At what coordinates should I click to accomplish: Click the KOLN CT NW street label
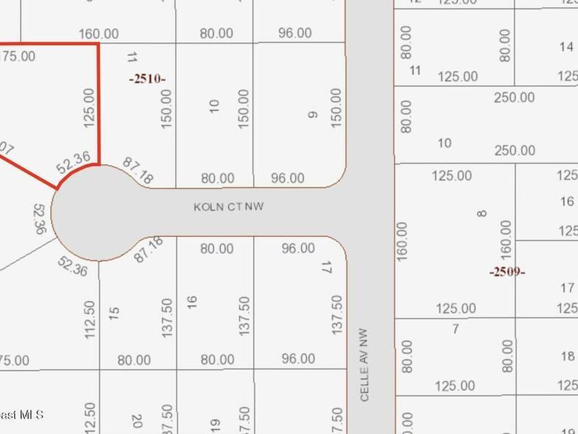(x=229, y=207)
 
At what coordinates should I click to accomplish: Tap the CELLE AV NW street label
(x=365, y=365)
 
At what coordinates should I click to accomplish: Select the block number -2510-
(x=147, y=79)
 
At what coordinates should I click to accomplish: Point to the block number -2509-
(x=507, y=272)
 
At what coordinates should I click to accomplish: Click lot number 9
(x=312, y=115)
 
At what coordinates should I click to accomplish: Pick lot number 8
(x=481, y=214)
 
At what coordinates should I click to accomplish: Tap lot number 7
(x=456, y=328)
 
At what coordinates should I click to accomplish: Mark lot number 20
(x=136, y=421)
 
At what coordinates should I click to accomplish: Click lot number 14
(x=567, y=47)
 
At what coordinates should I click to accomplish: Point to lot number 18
(x=568, y=356)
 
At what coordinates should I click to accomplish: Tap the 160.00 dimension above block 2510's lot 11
(x=99, y=34)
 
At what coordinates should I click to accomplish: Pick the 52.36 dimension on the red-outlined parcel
(x=73, y=163)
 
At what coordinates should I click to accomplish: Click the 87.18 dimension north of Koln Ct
(x=138, y=170)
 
